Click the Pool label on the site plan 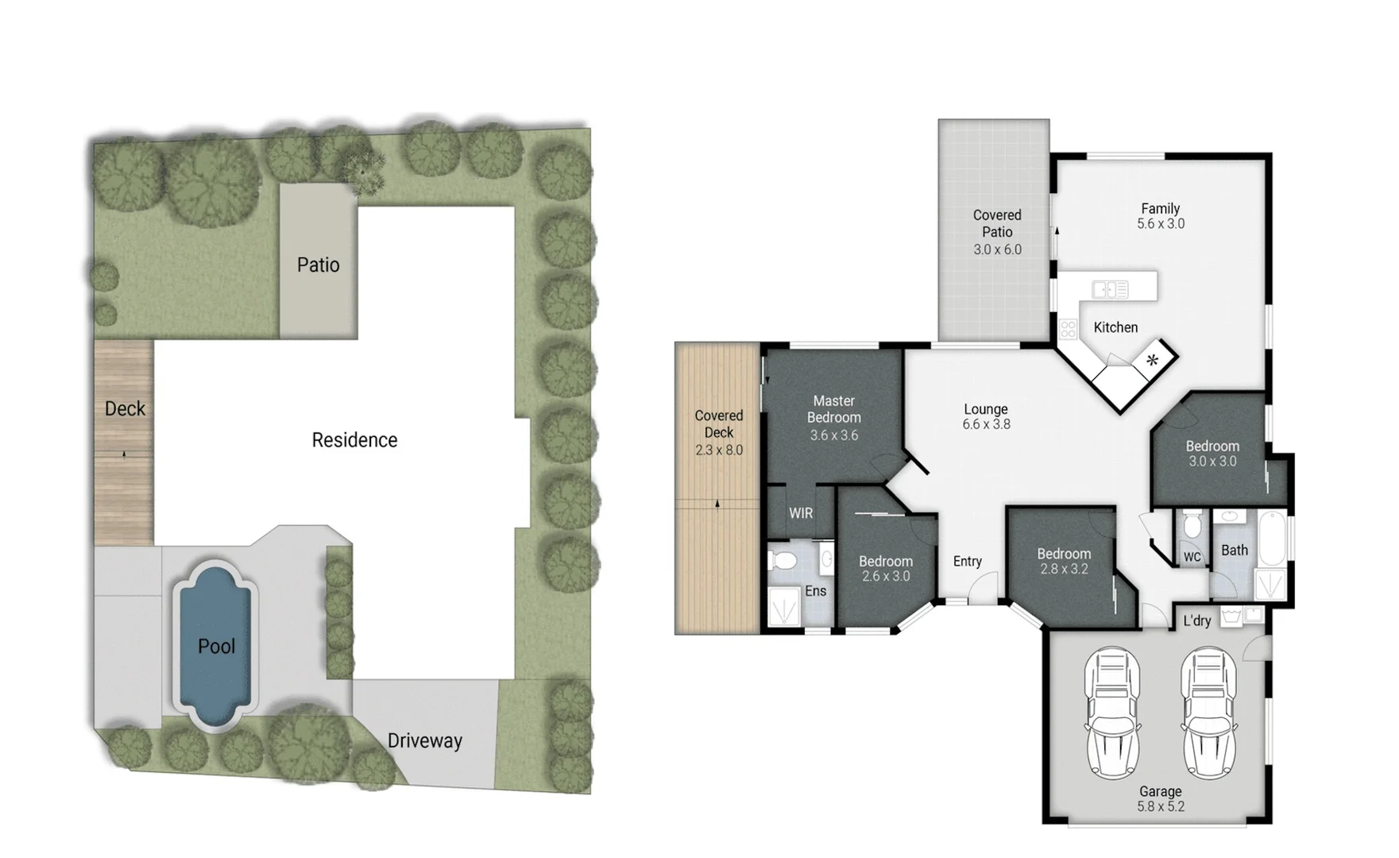pyautogui.click(x=216, y=647)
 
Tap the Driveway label pyautogui.click(x=424, y=741)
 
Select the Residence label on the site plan pyautogui.click(x=354, y=440)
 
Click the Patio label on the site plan pyautogui.click(x=318, y=265)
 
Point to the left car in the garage pyautogui.click(x=1112, y=712)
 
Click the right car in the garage pyautogui.click(x=1208, y=712)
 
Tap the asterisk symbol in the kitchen pyautogui.click(x=1152, y=361)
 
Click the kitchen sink pyautogui.click(x=1110, y=290)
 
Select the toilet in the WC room pyautogui.click(x=1192, y=526)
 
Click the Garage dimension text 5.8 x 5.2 pyautogui.click(x=1160, y=806)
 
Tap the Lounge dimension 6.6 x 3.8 pyautogui.click(x=986, y=424)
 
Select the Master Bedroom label pyautogui.click(x=833, y=409)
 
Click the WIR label pyautogui.click(x=801, y=513)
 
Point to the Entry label pyautogui.click(x=967, y=562)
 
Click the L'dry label pyautogui.click(x=1196, y=620)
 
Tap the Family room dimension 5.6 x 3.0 pyautogui.click(x=1160, y=224)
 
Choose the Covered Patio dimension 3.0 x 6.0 pyautogui.click(x=997, y=249)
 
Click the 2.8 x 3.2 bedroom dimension pyautogui.click(x=1063, y=569)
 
